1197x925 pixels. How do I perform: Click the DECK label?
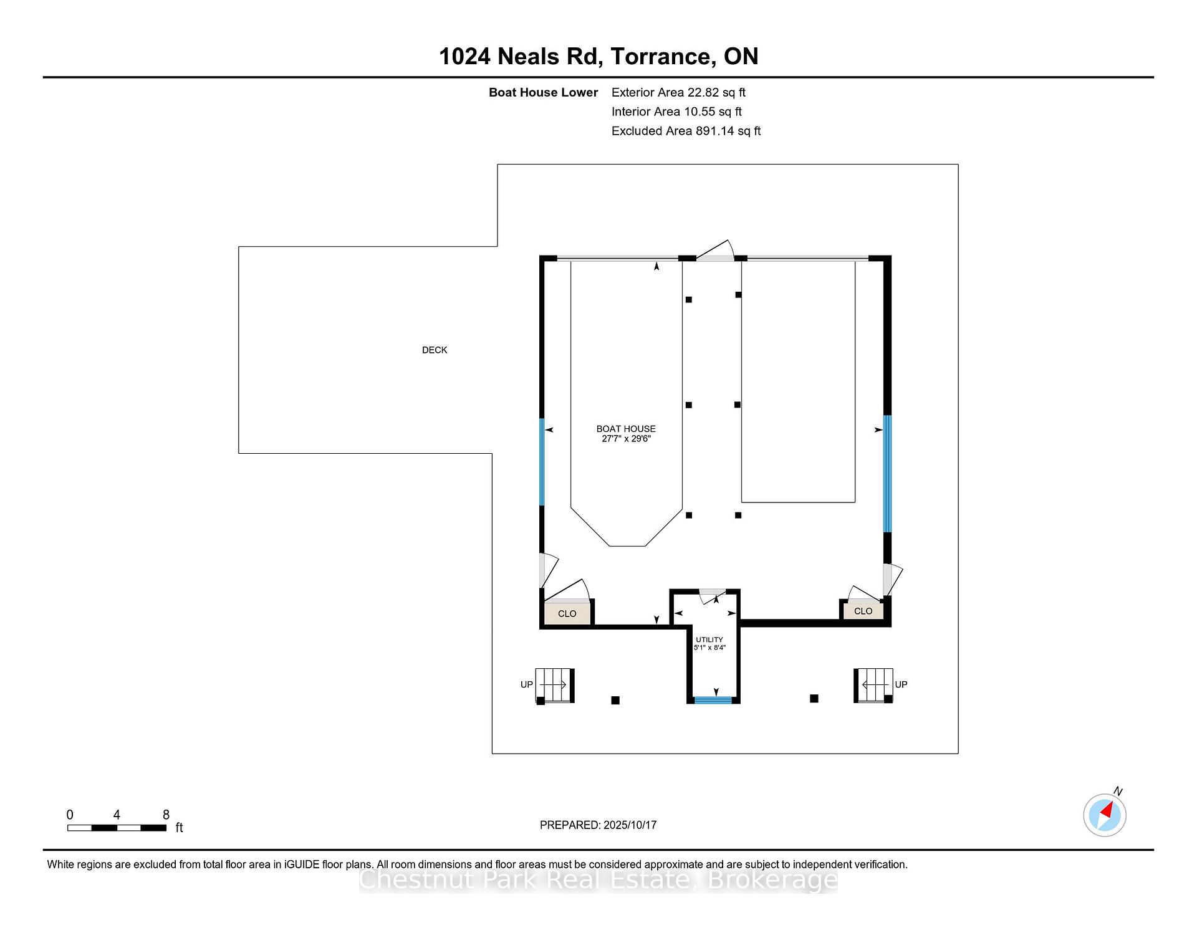[x=435, y=350]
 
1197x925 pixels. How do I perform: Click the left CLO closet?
[x=567, y=613]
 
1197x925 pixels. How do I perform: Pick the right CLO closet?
[x=863, y=611]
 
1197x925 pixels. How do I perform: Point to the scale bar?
[x=117, y=828]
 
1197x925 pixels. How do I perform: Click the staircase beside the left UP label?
[x=554, y=686]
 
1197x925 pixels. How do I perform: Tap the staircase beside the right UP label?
[x=873, y=685]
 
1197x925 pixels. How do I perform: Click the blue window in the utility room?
[x=713, y=700]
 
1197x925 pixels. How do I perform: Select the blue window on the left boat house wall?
[x=542, y=461]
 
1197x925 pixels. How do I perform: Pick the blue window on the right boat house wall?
[x=887, y=474]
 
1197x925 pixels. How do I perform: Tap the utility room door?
[x=712, y=596]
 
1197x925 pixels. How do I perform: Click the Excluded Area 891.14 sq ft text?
[x=686, y=131]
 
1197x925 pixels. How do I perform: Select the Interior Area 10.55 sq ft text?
[x=676, y=112]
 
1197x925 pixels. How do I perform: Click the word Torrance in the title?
[x=663, y=56]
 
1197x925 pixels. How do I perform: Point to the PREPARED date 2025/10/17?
[x=630, y=825]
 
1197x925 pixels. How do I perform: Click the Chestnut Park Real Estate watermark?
[x=598, y=880]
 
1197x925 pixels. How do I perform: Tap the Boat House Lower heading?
[x=543, y=92]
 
